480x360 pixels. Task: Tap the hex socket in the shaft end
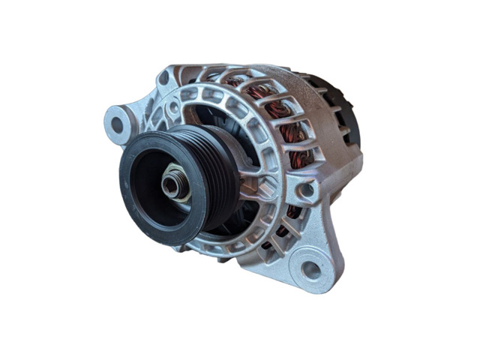[170, 185]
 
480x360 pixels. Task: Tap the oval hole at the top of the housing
[163, 78]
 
